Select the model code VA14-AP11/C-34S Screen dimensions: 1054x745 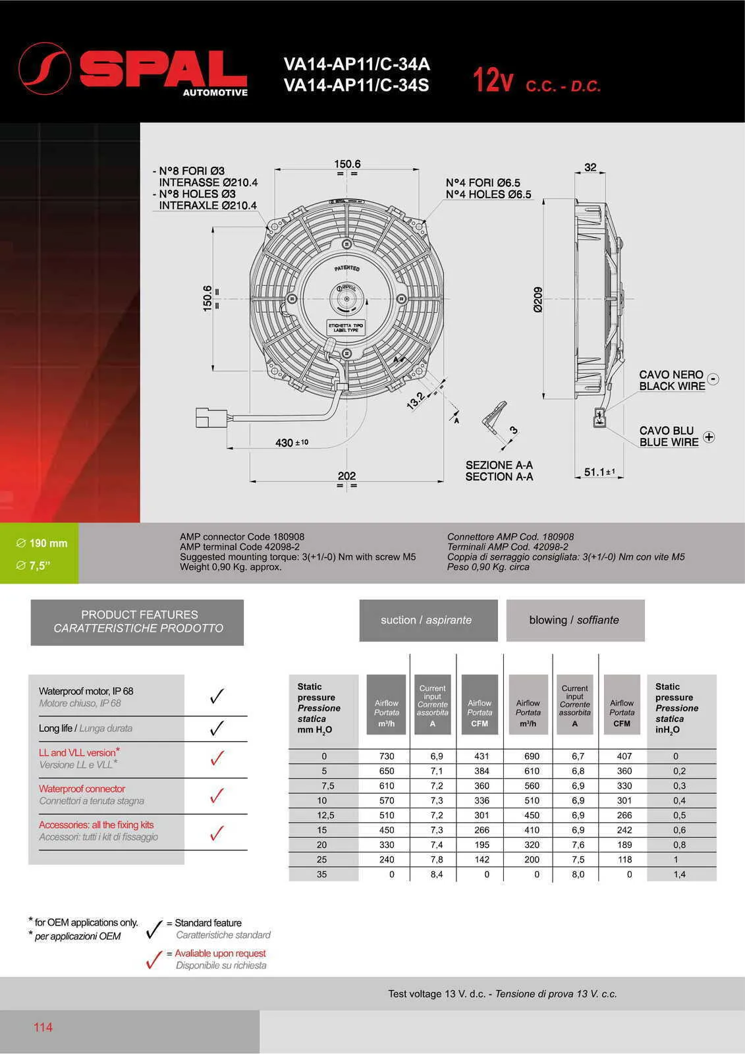coord(356,86)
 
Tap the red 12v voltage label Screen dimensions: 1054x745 coord(492,81)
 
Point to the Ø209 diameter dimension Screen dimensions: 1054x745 coord(538,299)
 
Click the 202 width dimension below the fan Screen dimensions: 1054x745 coord(346,476)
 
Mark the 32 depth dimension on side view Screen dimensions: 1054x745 coord(590,167)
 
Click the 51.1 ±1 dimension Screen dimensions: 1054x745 coord(599,472)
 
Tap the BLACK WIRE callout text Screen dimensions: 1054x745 coord(671,386)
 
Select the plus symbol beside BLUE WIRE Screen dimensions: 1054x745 coord(709,437)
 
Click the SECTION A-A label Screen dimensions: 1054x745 coord(499,476)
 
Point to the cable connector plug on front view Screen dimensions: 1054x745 coord(211,418)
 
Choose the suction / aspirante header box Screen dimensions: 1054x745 coord(428,620)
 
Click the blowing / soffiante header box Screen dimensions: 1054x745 coord(574,620)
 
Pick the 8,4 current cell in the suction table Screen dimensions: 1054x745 coord(436,874)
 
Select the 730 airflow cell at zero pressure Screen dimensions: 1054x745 coord(387,756)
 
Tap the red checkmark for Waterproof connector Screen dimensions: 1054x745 coord(217,796)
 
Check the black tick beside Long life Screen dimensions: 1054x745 coord(217,729)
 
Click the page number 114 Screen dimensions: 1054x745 coord(43,1027)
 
